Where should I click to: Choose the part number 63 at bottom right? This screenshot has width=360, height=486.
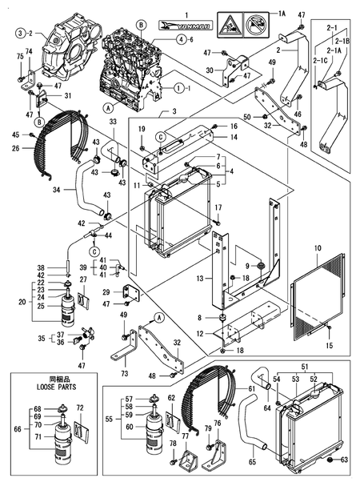344,460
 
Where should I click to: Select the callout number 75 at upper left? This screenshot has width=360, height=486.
19,55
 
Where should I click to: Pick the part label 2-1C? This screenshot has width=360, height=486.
320,61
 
